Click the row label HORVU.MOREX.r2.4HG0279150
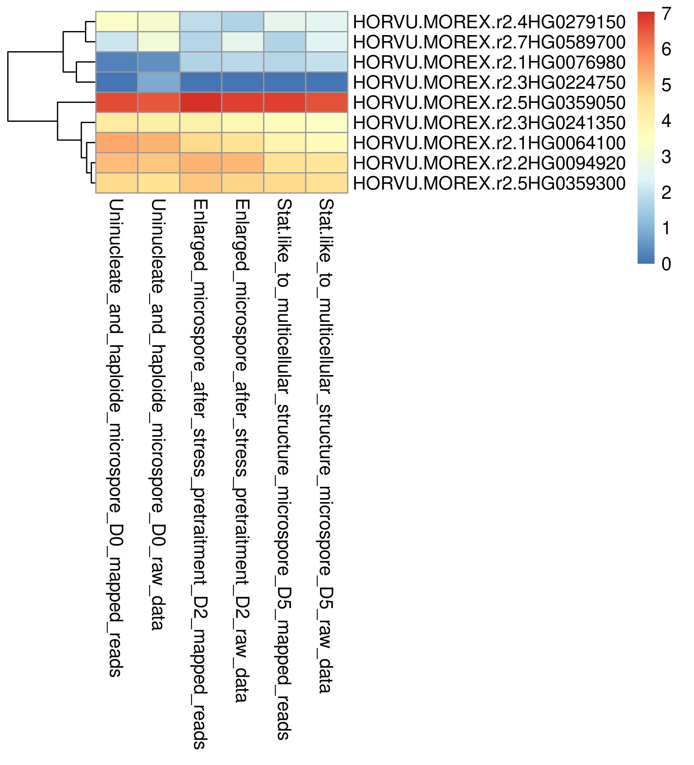point(489,22)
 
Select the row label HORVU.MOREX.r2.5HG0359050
point(489,103)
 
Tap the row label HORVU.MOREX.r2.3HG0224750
point(489,83)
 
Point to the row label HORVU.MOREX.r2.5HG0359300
point(489,183)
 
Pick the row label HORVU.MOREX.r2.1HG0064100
point(489,143)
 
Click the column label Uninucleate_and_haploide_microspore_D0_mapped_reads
point(116,438)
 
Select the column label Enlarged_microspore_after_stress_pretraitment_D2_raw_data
point(242,451)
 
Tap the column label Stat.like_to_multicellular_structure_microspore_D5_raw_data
point(326,446)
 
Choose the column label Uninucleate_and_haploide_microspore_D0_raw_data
point(158,414)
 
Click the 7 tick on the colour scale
point(666,14)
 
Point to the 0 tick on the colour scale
point(666,264)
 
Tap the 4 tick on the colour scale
point(666,121)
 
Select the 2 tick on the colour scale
point(666,193)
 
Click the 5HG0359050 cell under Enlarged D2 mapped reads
point(201,102)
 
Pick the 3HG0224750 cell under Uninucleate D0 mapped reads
point(117,82)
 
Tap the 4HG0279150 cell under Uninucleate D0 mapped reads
point(117,22)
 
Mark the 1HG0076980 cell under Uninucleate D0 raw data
point(159,62)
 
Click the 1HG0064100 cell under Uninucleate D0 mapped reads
point(117,143)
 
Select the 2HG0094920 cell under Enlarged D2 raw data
point(243,163)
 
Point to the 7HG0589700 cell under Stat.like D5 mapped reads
point(285,42)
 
